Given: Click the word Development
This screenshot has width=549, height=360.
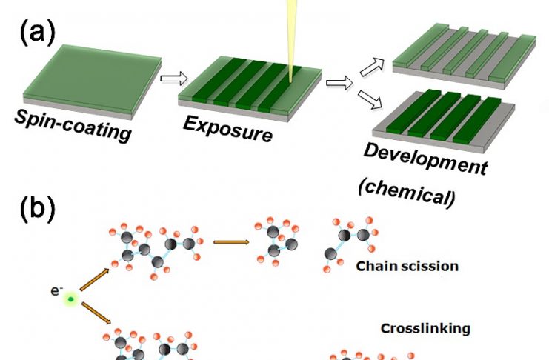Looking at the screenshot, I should click(425, 159).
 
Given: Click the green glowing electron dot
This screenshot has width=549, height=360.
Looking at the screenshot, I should click(70, 299).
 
